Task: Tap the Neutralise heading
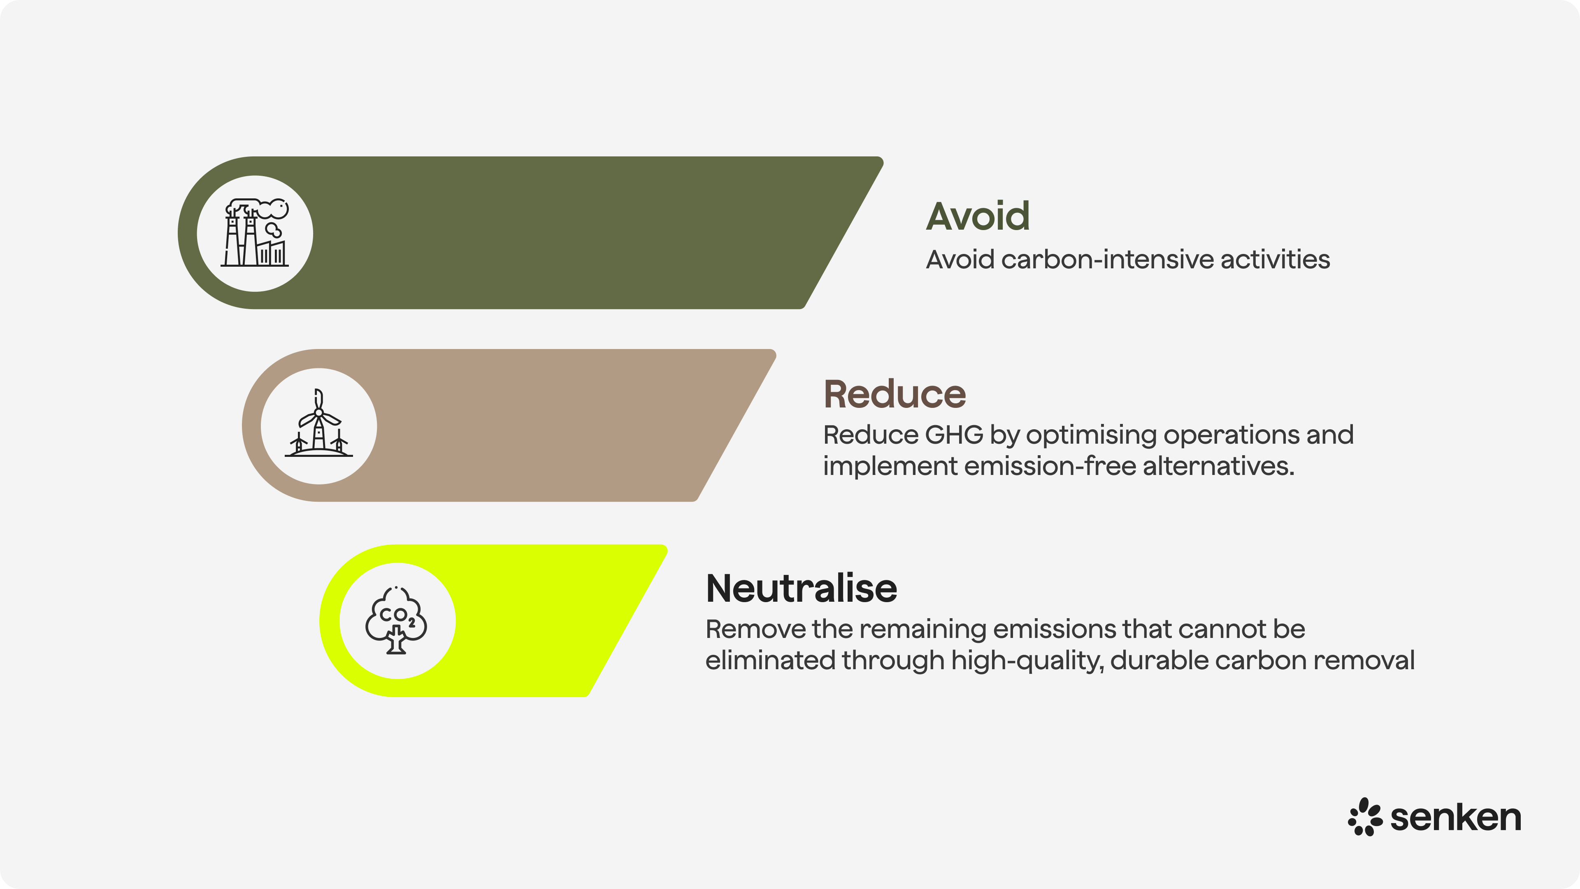click(801, 589)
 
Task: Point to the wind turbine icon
click(318, 425)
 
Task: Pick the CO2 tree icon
click(396, 620)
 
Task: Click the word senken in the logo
click(1455, 817)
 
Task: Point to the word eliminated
click(770, 661)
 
